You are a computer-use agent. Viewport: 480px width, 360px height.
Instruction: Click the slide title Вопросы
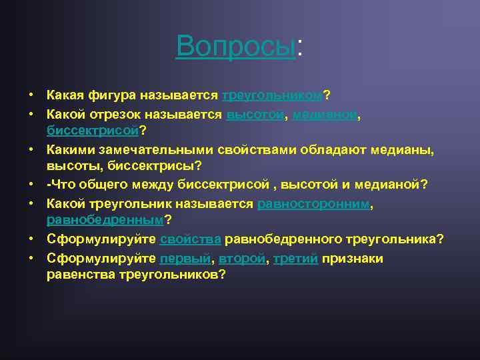[235, 45]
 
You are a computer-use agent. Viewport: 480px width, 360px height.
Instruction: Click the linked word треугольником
[272, 95]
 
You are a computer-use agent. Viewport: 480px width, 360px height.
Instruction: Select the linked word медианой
[325, 115]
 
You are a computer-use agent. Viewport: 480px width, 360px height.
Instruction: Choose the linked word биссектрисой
[93, 129]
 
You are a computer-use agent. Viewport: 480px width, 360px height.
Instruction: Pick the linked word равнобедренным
[105, 219]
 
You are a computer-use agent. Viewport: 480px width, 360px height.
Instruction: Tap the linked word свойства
[190, 239]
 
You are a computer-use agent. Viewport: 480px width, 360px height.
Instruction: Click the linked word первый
[185, 259]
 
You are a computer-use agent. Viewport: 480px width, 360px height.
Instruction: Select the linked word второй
[239, 259]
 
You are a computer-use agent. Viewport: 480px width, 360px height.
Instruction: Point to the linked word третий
[294, 259]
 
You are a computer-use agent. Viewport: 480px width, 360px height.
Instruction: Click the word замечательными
[158, 151]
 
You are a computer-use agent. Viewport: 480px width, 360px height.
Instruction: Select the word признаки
[353, 259]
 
